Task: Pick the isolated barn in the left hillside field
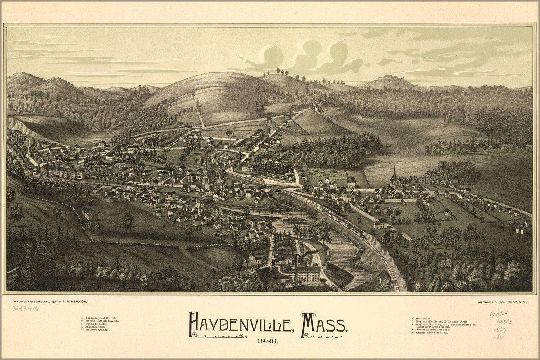click(89, 214)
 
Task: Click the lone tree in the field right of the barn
click(127, 221)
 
